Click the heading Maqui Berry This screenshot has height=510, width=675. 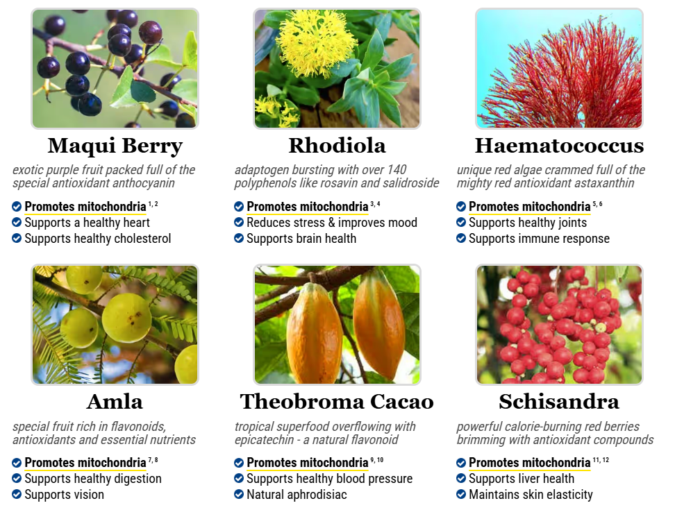(115, 146)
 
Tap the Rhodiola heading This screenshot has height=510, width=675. (337, 145)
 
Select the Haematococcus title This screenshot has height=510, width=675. (559, 145)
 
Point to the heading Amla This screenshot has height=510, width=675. (115, 402)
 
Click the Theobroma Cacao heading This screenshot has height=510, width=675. (337, 402)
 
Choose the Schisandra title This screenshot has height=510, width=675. (559, 402)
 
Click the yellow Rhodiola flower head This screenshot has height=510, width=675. (317, 43)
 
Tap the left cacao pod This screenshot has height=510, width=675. (315, 333)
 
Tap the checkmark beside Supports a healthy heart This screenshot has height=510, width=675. (17, 222)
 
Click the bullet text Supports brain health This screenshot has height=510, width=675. (301, 239)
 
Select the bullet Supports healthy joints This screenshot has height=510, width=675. (528, 223)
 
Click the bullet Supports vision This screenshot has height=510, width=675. (64, 495)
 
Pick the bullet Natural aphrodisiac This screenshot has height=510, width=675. (297, 495)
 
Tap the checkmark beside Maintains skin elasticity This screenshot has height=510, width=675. (461, 495)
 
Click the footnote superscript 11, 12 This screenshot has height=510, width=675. (601, 460)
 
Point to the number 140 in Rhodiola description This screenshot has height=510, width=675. (397, 170)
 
